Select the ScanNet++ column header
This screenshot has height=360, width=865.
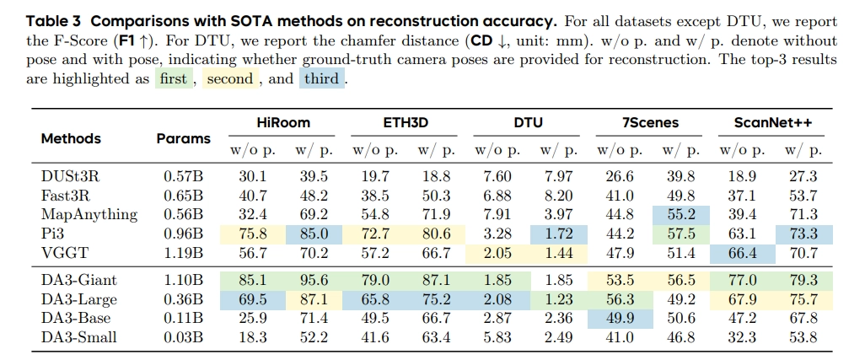(x=772, y=122)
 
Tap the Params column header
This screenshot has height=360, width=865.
(x=184, y=138)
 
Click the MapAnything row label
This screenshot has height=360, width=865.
(x=89, y=214)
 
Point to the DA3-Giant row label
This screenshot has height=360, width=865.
(x=79, y=280)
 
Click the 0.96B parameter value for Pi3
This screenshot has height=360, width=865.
(x=183, y=234)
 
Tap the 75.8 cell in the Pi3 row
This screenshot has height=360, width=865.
(x=254, y=234)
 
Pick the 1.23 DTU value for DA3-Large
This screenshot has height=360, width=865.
(x=559, y=299)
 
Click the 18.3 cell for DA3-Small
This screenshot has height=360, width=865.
(x=254, y=337)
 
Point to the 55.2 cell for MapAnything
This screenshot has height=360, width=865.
(x=681, y=214)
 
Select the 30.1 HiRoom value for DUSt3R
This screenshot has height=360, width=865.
(x=254, y=176)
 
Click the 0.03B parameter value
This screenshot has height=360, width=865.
(x=183, y=337)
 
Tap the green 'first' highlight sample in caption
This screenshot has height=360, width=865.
(x=173, y=79)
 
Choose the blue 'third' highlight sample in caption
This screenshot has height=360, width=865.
(x=322, y=79)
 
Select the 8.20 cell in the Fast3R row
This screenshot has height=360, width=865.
(x=559, y=195)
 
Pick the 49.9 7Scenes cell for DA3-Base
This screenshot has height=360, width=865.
(x=620, y=318)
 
